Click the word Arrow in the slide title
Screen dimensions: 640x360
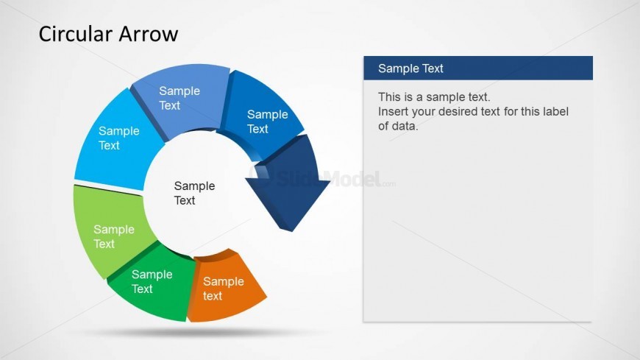pyautogui.click(x=146, y=34)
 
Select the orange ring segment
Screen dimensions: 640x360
pyautogui.click(x=225, y=287)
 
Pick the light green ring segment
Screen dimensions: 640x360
pyautogui.click(x=110, y=231)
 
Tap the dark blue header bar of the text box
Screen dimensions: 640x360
pyautogui.click(x=478, y=68)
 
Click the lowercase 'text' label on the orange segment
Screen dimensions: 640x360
pyautogui.click(x=213, y=296)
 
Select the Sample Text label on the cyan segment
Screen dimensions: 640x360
pyautogui.click(x=118, y=138)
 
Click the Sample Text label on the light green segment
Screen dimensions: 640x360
pyautogui.click(x=114, y=236)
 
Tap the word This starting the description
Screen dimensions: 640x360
pyautogui.click(x=389, y=97)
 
